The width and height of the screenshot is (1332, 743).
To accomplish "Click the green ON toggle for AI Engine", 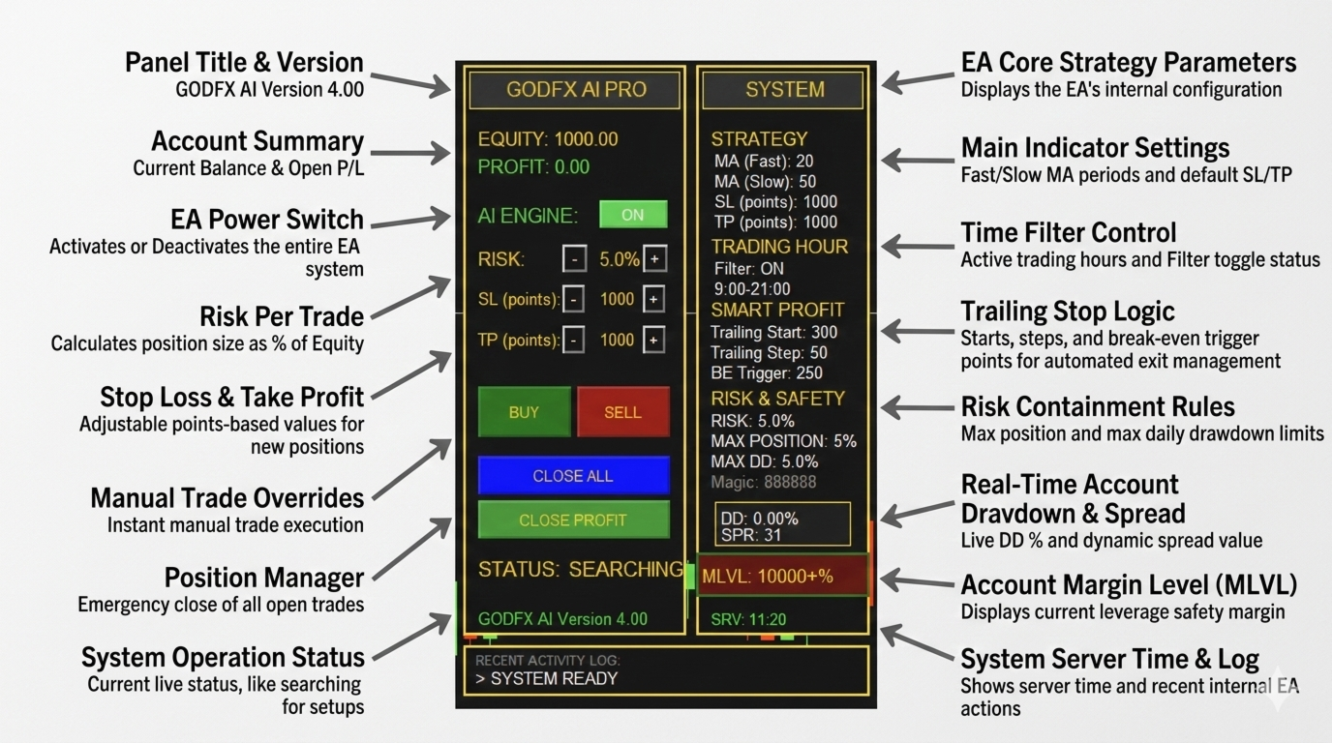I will (633, 215).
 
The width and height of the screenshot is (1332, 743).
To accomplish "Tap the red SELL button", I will (622, 412).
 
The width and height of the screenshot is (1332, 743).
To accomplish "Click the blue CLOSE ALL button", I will (573, 476).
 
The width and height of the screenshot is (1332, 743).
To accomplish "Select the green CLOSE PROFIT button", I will (573, 520).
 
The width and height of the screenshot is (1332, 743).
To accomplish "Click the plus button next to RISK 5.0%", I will (654, 259).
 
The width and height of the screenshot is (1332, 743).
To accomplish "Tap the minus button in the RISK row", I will (574, 259).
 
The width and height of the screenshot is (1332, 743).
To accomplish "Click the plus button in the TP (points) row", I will (654, 340).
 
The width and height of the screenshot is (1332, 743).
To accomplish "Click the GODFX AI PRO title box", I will (575, 90).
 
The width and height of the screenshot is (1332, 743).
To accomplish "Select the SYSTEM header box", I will (784, 90).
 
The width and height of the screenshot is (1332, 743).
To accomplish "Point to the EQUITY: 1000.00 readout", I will (548, 139).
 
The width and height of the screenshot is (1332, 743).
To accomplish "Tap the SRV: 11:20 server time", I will (748, 619).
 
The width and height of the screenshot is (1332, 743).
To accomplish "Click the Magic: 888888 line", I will (763, 482).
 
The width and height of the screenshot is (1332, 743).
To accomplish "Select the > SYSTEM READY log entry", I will (546, 678).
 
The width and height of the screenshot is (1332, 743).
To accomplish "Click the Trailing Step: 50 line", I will (769, 353).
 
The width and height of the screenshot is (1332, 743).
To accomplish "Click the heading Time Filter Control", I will (1068, 233).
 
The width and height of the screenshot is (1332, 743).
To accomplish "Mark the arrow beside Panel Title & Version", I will (410, 83).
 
